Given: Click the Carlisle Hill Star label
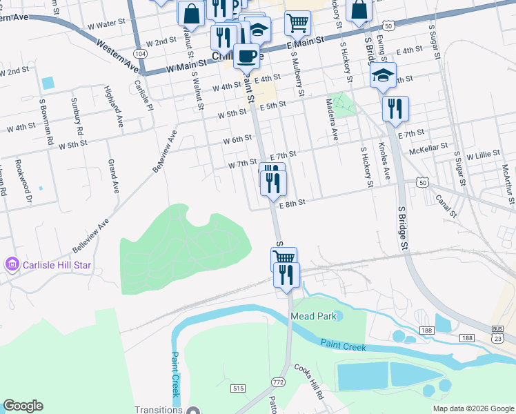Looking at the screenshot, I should [x=48, y=264].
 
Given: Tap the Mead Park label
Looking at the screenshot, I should [x=312, y=316].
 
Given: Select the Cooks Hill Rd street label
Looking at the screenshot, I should [x=310, y=382].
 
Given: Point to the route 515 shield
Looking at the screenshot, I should [x=239, y=389].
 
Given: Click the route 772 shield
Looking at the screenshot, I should [x=278, y=382].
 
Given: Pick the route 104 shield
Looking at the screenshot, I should [x=141, y=53].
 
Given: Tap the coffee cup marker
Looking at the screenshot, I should [x=246, y=55].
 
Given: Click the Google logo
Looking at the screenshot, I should [x=23, y=406].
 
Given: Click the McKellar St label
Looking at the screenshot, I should [x=428, y=148].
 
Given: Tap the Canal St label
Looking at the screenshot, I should [x=446, y=206].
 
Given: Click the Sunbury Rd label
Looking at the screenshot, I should [x=77, y=116].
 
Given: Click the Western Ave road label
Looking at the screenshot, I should [x=117, y=56].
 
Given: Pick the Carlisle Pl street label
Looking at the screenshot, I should [x=144, y=96].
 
